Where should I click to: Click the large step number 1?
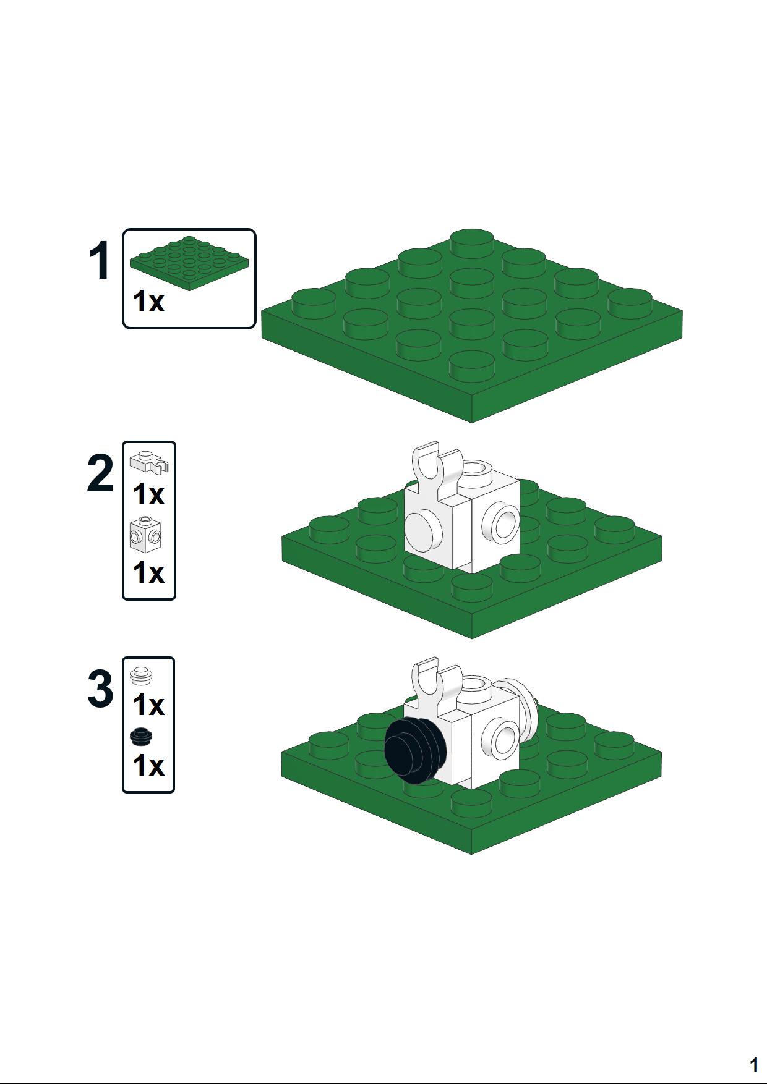pyautogui.click(x=100, y=261)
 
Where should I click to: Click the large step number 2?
pyautogui.click(x=100, y=474)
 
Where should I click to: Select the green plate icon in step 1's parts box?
pyautogui.click(x=189, y=263)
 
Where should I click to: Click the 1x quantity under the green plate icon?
pyautogui.click(x=148, y=302)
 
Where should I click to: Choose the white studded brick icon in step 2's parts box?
pyautogui.click(x=146, y=534)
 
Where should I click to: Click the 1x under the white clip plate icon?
pyautogui.click(x=148, y=494)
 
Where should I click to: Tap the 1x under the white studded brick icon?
pyautogui.click(x=148, y=573)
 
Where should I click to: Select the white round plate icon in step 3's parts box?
pyautogui.click(x=142, y=675)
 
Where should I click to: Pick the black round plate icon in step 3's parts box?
pyautogui.click(x=142, y=737)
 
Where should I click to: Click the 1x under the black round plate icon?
pyautogui.click(x=148, y=766)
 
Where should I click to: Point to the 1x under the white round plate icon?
pyautogui.click(x=148, y=705)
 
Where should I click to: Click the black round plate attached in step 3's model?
pyautogui.click(x=415, y=750)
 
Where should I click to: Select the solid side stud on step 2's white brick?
pyautogui.click(x=424, y=529)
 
